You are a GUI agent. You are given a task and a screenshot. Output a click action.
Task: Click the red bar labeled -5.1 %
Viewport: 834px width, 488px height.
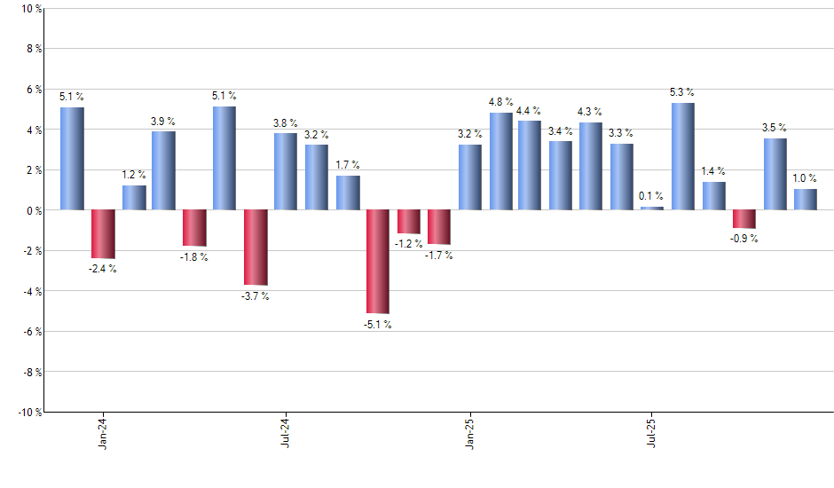coord(378,262)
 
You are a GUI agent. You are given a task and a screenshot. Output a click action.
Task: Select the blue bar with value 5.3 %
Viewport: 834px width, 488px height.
coord(683,156)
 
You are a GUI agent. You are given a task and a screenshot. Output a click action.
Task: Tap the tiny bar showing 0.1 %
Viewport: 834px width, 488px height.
coord(652,208)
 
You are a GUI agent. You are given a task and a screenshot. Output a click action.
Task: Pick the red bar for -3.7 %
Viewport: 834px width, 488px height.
coord(256,248)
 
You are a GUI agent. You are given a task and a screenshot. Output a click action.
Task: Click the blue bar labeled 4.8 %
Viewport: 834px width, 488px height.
coord(500,161)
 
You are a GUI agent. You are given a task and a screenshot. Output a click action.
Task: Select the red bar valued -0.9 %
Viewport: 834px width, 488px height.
coord(744,219)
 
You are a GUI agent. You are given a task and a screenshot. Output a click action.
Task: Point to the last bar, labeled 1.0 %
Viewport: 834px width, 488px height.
coord(806,200)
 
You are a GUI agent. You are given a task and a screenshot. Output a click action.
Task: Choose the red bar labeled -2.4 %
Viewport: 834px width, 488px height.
coord(103,234)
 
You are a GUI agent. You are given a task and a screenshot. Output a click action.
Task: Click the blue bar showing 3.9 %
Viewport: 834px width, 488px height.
coord(163,170)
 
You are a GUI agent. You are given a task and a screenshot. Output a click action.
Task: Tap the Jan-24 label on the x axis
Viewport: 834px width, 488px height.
coord(103,432)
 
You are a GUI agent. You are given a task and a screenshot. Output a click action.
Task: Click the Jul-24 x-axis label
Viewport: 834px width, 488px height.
coord(286,432)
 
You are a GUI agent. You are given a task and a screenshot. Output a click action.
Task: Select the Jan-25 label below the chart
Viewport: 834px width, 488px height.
coord(470,432)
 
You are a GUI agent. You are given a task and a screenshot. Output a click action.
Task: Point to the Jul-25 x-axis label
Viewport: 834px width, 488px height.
coord(653,432)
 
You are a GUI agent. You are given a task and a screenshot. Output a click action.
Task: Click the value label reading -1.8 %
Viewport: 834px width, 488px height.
coord(194,257)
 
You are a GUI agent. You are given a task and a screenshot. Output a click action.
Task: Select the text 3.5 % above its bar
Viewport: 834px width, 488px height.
coord(775,128)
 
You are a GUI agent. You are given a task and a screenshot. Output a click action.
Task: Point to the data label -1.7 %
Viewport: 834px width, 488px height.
coord(438,256)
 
